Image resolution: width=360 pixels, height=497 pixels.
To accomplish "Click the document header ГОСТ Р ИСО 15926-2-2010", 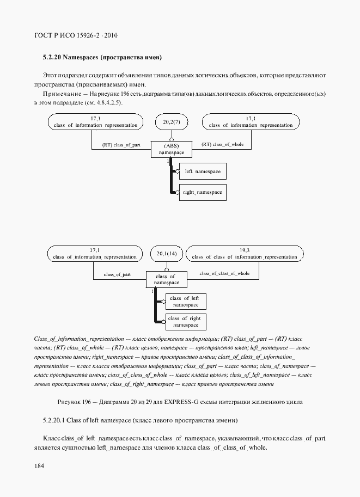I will click(x=76, y=36).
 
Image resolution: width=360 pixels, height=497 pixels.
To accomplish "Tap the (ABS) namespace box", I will click(x=172, y=150).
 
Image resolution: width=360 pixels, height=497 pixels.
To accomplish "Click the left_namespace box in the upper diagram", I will click(x=202, y=171).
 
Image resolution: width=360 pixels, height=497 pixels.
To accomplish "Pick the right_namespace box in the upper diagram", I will click(x=202, y=192).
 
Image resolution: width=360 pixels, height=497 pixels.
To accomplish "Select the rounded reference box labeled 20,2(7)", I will click(x=172, y=122).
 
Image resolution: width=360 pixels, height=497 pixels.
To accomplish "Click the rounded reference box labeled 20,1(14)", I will click(x=167, y=254).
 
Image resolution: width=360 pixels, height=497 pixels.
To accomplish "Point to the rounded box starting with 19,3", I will click(x=245, y=254).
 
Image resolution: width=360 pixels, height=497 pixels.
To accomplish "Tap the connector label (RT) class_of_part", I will click(x=121, y=145).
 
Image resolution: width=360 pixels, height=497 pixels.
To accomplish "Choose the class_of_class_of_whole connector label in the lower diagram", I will click(x=224, y=273).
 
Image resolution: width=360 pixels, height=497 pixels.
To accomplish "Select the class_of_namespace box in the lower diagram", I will click(x=166, y=280).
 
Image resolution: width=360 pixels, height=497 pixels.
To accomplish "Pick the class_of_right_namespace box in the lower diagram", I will click(x=186, y=322).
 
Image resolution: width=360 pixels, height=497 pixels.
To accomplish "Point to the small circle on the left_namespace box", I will click(x=178, y=171).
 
